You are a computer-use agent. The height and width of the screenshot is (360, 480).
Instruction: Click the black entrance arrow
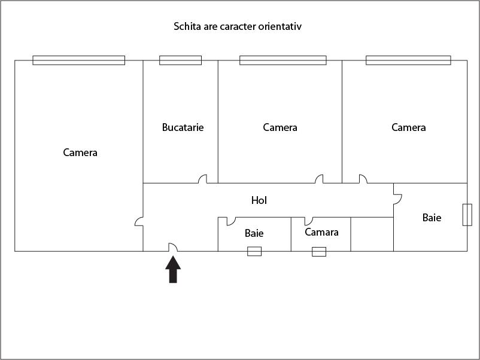click(x=173, y=269)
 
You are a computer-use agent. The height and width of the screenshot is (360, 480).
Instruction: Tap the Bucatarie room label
click(x=183, y=127)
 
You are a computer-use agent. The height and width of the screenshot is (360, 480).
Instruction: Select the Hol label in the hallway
click(x=259, y=200)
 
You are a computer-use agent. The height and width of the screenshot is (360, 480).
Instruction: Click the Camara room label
click(x=321, y=232)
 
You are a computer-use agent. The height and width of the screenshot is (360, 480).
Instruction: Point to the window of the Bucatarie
click(x=180, y=60)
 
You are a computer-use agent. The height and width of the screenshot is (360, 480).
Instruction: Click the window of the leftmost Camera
click(x=78, y=60)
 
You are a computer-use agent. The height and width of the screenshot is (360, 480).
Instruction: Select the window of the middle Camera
click(x=283, y=60)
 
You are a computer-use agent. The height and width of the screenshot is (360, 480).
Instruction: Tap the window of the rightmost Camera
click(x=408, y=60)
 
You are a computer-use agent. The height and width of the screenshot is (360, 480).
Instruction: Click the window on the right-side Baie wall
click(x=467, y=215)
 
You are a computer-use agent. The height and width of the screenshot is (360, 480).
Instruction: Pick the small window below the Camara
click(x=319, y=252)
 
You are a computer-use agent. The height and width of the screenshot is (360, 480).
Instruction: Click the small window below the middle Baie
click(x=254, y=251)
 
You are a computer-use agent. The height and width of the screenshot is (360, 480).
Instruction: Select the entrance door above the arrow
click(x=173, y=248)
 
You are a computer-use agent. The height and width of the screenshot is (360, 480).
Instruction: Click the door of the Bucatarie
click(x=203, y=179)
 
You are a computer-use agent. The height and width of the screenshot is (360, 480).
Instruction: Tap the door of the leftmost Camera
click(x=139, y=222)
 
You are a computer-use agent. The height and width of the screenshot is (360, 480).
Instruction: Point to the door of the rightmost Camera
click(x=363, y=179)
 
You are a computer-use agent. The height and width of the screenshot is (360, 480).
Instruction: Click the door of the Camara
click(x=309, y=221)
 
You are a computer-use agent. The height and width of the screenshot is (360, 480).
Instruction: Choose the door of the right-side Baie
click(x=397, y=199)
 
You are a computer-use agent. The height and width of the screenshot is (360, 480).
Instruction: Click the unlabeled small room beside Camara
click(x=372, y=234)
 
